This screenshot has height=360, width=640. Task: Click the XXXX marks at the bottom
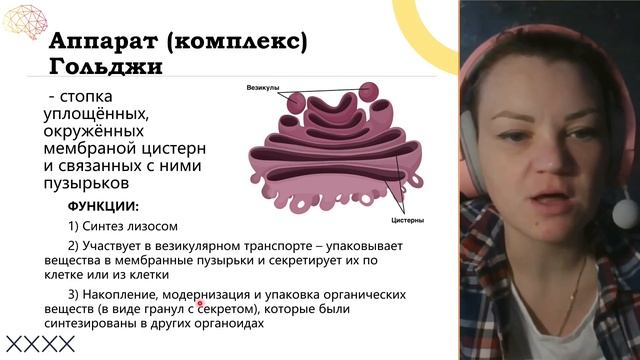pos(40,344)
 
